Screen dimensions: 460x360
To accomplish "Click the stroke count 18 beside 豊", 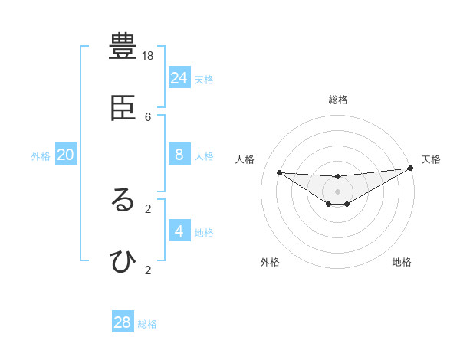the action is (x=148, y=56).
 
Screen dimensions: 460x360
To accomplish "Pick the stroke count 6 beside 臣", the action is (x=148, y=116).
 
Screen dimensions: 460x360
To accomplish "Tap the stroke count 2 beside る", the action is (x=148, y=208).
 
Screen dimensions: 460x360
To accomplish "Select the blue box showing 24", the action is (x=179, y=77).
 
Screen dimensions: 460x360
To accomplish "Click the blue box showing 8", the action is (x=179, y=155).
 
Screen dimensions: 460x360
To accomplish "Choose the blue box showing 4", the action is (x=179, y=231).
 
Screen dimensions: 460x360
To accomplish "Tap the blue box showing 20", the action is (x=66, y=155).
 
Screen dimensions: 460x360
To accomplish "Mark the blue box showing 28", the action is (x=123, y=322).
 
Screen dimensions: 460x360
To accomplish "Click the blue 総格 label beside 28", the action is (x=147, y=324).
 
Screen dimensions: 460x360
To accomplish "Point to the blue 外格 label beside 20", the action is (x=41, y=156).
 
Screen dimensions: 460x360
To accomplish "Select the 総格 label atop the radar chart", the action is (x=338, y=100).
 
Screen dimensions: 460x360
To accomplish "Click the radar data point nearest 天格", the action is (x=410, y=169).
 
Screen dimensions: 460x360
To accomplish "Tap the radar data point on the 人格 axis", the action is (x=279, y=172).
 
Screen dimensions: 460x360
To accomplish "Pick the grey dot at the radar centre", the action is (x=338, y=191).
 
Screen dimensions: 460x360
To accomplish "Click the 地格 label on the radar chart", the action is (x=402, y=262).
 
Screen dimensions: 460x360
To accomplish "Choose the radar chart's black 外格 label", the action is (x=270, y=262).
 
